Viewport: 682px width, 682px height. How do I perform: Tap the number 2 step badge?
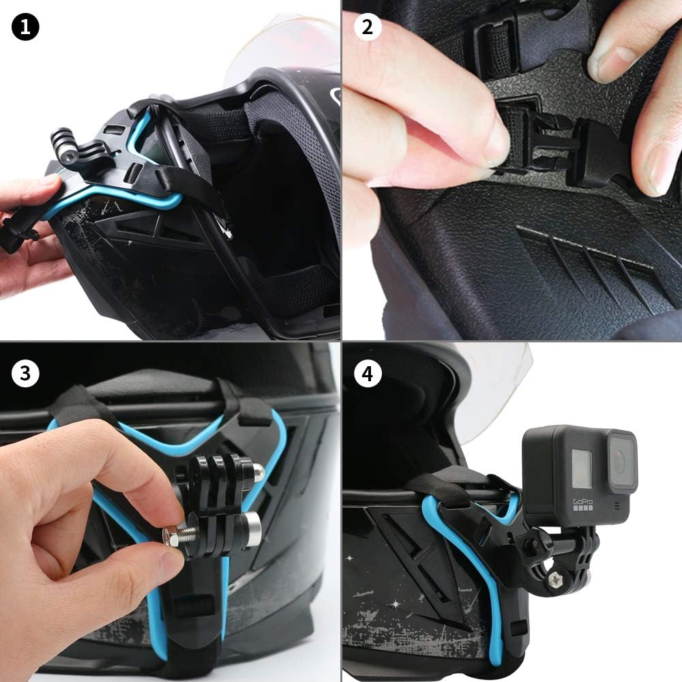point(368,27)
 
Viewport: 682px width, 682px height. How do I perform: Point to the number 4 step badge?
point(368,374)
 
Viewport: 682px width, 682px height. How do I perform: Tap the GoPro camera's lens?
point(620,461)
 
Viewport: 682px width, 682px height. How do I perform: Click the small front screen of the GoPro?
point(581,470)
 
